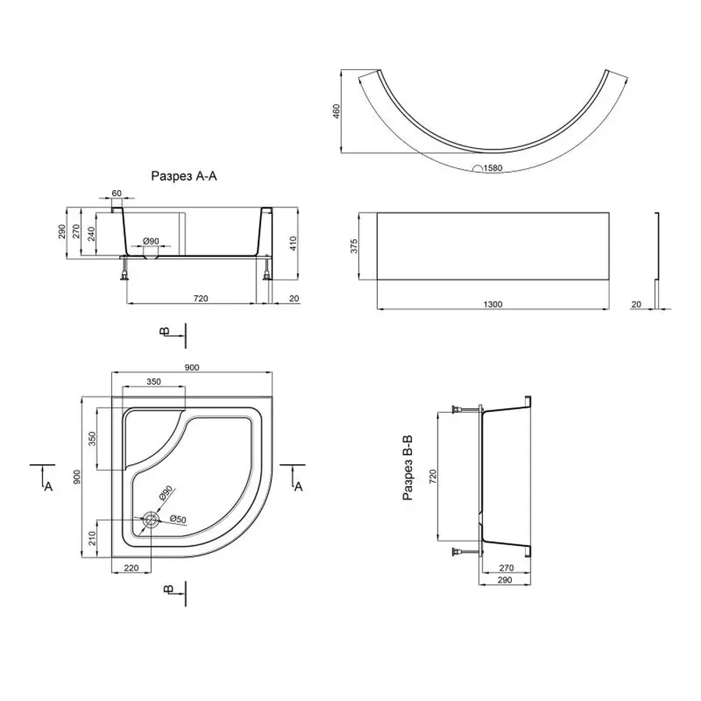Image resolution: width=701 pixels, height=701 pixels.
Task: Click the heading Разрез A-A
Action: pyautogui.click(x=184, y=176)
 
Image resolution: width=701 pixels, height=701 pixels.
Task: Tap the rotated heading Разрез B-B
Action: pyautogui.click(x=407, y=467)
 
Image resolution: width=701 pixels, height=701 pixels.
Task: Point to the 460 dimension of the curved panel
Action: pyautogui.click(x=336, y=111)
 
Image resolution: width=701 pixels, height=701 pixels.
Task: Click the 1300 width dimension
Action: pyautogui.click(x=493, y=305)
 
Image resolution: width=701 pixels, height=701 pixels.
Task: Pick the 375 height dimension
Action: pyautogui.click(x=354, y=246)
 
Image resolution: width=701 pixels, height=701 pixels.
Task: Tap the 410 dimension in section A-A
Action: pyautogui.click(x=293, y=243)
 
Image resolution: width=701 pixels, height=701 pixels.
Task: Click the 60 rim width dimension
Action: pyautogui.click(x=116, y=193)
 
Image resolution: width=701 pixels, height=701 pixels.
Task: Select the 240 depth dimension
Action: pyautogui.click(x=91, y=234)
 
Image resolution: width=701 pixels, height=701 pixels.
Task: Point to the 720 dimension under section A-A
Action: pyautogui.click(x=201, y=298)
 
